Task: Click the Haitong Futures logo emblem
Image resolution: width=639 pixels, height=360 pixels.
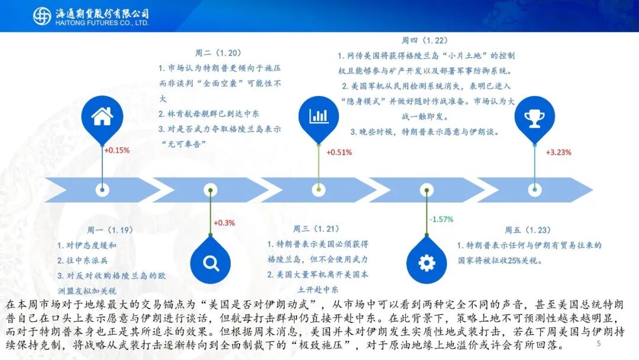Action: tap(42, 17)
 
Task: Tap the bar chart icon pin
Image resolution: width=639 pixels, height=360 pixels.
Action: tap(318, 117)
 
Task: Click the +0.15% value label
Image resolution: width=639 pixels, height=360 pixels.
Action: tap(117, 150)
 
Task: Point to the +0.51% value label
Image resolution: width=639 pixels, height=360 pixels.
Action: tap(339, 153)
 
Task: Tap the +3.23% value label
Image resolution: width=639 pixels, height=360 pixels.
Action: tap(559, 153)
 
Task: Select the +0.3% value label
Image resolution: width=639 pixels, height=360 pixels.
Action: tap(225, 223)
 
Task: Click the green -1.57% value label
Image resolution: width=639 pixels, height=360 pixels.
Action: tap(441, 219)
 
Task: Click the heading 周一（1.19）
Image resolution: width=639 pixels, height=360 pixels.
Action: tap(110, 230)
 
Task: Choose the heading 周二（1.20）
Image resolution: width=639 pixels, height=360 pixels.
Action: tap(218, 53)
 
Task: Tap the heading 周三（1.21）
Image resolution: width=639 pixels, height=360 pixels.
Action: tap(316, 229)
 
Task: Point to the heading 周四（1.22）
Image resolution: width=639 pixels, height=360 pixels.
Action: tap(425, 40)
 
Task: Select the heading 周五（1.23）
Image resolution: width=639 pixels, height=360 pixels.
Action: tap(528, 230)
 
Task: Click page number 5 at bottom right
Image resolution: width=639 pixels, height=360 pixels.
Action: tap(599, 343)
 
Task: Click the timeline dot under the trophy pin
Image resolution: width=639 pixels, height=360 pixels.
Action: tap(535, 189)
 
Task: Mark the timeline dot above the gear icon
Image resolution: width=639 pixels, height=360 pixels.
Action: tap(427, 190)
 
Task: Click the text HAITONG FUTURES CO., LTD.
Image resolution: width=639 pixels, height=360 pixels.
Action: tap(102, 23)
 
